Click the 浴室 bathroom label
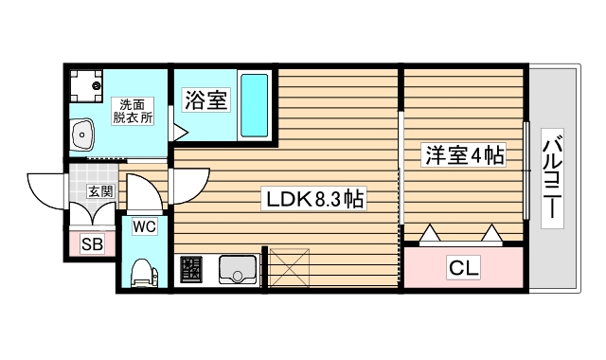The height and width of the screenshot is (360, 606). pos(205,99)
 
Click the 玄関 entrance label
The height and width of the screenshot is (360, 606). pos(99,190)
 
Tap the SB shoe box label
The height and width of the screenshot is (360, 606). pos(91,244)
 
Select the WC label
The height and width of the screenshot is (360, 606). pos(145,226)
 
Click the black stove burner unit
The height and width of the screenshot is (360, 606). pos(189,270)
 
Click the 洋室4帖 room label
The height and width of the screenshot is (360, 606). pos(461,153)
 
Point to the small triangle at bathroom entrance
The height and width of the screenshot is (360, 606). pos(176,123)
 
